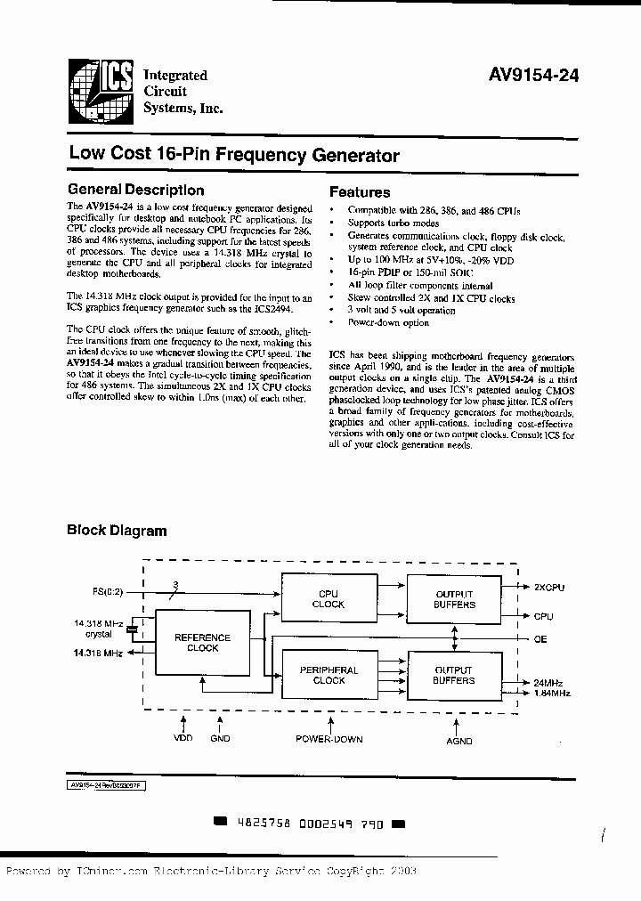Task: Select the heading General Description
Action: tap(136, 190)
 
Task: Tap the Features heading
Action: tap(360, 191)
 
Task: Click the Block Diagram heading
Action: tap(117, 531)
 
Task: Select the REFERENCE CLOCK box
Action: tap(202, 643)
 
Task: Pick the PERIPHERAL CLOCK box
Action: tap(329, 675)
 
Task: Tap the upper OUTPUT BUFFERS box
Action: tap(454, 598)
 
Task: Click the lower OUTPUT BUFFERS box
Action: tap(454, 675)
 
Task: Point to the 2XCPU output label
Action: tap(549, 588)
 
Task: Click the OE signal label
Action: tap(540, 638)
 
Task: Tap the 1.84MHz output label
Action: tap(551, 693)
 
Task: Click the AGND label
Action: tap(460, 740)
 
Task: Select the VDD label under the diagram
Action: tap(183, 738)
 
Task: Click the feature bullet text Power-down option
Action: tap(388, 322)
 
